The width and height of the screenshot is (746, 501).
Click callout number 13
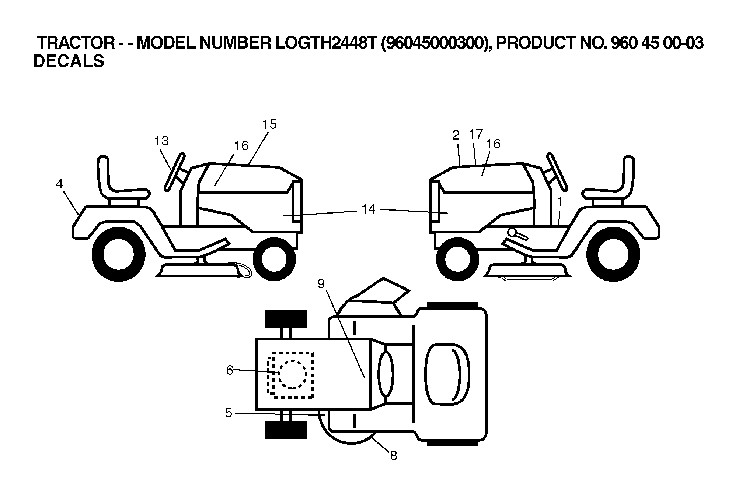[x=161, y=141]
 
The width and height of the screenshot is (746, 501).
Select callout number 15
[x=269, y=124]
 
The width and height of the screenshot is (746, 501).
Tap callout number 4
[x=60, y=184]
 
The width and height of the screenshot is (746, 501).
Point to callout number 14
[x=368, y=209]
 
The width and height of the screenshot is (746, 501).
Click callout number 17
[x=476, y=134]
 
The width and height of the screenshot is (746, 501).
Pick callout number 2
[x=456, y=135]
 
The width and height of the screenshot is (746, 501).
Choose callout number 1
[x=560, y=201]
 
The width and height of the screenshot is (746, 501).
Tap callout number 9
[x=321, y=284]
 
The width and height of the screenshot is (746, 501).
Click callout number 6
[x=230, y=370]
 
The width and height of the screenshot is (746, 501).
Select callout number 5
[x=229, y=413]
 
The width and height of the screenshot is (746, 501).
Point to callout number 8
[x=394, y=456]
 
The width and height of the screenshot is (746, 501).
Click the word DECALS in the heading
[x=69, y=61]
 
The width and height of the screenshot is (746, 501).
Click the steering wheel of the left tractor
[x=175, y=172]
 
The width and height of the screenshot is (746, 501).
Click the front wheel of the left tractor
[x=274, y=259]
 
